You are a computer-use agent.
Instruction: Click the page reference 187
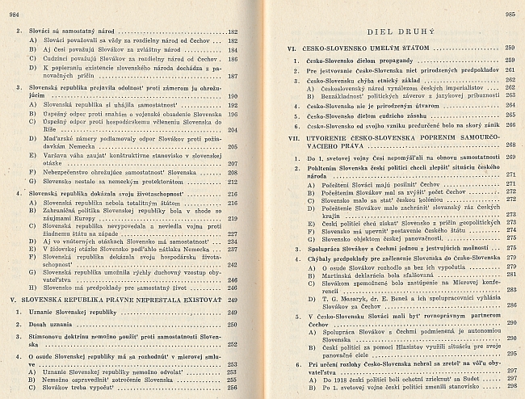point(233,76)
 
